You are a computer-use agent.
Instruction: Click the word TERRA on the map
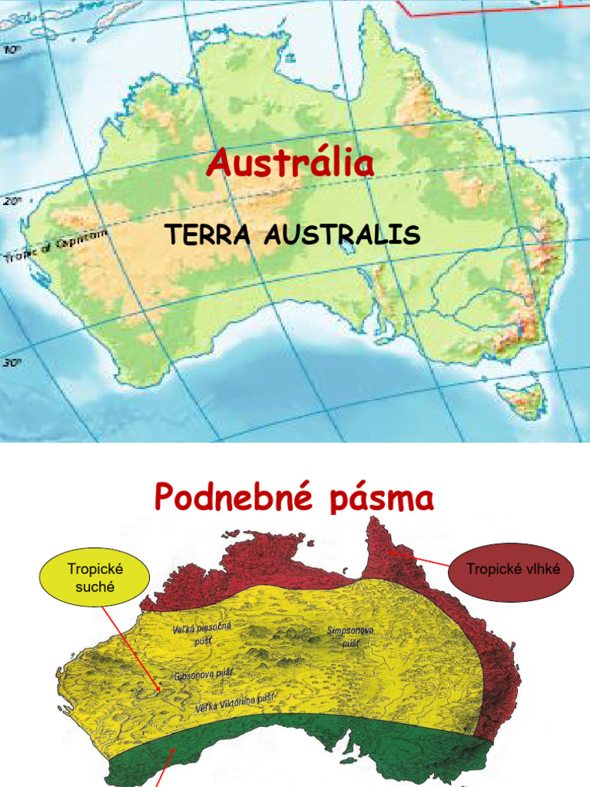[x=208, y=234]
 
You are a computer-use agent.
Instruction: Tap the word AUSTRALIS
[x=342, y=234]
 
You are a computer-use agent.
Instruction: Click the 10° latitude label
[x=12, y=50]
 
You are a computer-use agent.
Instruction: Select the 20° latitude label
[x=11, y=201]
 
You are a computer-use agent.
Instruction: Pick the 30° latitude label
[x=11, y=364]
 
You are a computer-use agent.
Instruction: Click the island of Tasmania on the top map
[x=524, y=397]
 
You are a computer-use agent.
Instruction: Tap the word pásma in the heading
[x=380, y=498]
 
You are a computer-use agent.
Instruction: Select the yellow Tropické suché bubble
[x=95, y=578]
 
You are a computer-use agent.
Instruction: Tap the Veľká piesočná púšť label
[x=201, y=634]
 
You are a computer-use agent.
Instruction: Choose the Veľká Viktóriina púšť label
[x=235, y=702]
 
